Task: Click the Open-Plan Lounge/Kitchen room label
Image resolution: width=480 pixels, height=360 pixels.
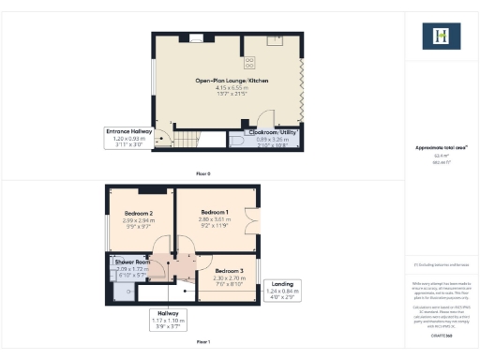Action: [232, 82]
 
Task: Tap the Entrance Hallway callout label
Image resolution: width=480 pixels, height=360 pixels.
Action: [127, 132]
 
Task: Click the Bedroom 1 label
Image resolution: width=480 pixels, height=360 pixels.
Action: [215, 212]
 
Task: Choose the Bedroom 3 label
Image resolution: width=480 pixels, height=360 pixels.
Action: [229, 271]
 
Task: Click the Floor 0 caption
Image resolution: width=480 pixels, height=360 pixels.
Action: [203, 174]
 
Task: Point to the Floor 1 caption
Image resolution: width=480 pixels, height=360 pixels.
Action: [203, 342]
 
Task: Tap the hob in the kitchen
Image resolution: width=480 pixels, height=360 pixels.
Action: [250, 63]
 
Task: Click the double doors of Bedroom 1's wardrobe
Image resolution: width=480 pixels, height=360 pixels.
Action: [254, 220]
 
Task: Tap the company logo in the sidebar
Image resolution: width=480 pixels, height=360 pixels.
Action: [442, 37]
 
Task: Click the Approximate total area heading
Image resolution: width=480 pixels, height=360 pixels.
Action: [442, 148]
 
